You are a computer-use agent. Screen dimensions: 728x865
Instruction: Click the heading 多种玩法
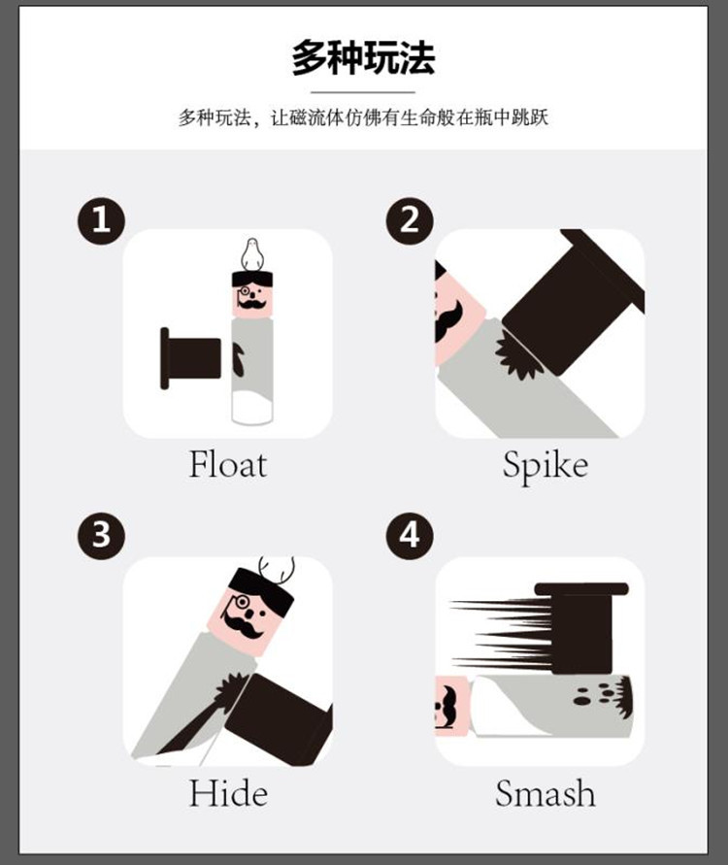(363, 57)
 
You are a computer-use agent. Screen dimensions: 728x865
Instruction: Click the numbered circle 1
(101, 220)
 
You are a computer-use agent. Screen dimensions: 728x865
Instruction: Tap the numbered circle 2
(410, 220)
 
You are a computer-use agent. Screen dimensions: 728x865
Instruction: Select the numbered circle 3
(101, 536)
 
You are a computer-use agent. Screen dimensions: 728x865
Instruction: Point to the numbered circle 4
(410, 536)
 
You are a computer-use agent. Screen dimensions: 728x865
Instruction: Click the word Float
(228, 464)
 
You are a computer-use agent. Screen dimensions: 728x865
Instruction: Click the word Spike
(545, 467)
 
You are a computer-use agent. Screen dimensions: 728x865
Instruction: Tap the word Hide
(228, 793)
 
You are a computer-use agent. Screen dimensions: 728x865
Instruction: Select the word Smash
(545, 793)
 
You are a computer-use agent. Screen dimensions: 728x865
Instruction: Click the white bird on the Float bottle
(252, 255)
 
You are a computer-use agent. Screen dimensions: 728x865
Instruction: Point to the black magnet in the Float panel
(190, 358)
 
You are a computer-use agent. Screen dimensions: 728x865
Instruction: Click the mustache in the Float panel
(252, 304)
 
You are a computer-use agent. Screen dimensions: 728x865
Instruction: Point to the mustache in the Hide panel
(243, 627)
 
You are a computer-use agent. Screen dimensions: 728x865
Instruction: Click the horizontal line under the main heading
(363, 92)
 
